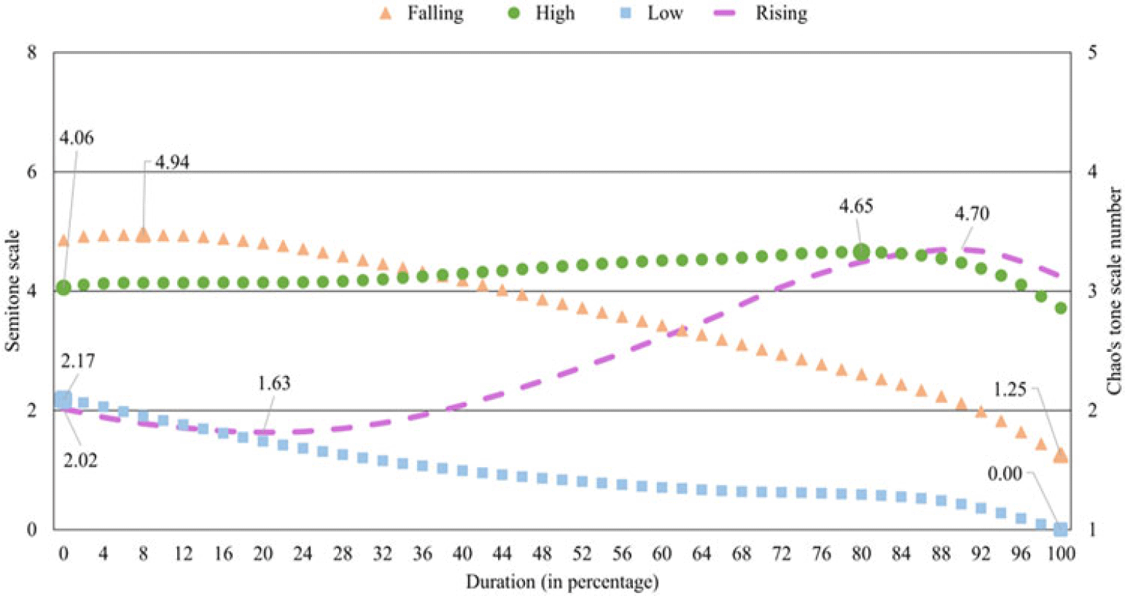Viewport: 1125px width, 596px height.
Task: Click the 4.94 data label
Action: [x=172, y=162]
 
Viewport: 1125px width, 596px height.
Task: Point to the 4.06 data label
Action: [x=77, y=138]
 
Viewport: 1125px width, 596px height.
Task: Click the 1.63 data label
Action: [x=273, y=383]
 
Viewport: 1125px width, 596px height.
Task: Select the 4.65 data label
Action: [x=855, y=206]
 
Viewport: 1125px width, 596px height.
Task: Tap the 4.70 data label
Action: [x=971, y=214]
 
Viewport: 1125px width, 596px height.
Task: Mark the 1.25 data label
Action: [x=1009, y=390]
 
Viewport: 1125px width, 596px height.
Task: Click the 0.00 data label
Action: [x=1005, y=474]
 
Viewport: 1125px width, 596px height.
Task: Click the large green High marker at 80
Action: [x=861, y=251]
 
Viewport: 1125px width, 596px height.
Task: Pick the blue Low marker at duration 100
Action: [x=1060, y=529]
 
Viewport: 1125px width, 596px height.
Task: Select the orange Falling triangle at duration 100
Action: [x=1060, y=455]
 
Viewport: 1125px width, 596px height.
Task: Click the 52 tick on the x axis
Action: [x=582, y=554]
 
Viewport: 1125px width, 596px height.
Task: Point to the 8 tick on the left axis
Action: [x=32, y=52]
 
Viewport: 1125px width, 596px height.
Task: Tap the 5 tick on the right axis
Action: [x=1092, y=52]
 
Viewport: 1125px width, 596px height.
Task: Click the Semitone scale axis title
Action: [x=13, y=291]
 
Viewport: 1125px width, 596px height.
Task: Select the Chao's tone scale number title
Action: [x=1114, y=291]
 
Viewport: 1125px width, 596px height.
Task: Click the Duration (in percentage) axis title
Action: [x=562, y=582]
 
